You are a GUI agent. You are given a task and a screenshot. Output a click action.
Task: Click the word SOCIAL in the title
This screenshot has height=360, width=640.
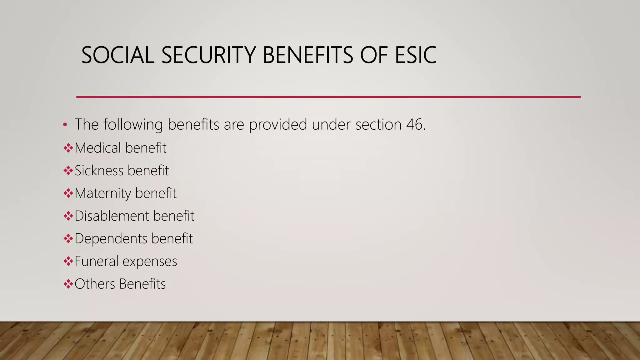click(118, 55)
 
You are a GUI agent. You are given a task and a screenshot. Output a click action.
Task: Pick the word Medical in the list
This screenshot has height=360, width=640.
click(98, 148)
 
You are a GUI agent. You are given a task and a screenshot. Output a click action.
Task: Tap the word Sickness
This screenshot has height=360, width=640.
click(99, 171)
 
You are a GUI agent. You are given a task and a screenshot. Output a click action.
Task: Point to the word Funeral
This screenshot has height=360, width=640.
click(97, 261)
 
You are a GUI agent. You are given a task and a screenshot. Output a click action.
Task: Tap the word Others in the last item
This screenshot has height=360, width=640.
click(95, 284)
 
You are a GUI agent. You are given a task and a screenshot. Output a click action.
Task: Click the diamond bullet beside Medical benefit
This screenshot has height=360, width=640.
click(68, 148)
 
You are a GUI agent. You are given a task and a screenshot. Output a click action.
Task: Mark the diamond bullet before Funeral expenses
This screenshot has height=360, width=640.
click(68, 261)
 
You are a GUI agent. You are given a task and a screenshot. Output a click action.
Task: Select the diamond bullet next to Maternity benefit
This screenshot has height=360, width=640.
click(68, 193)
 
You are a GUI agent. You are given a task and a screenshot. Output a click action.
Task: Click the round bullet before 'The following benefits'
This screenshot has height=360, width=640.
click(65, 125)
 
